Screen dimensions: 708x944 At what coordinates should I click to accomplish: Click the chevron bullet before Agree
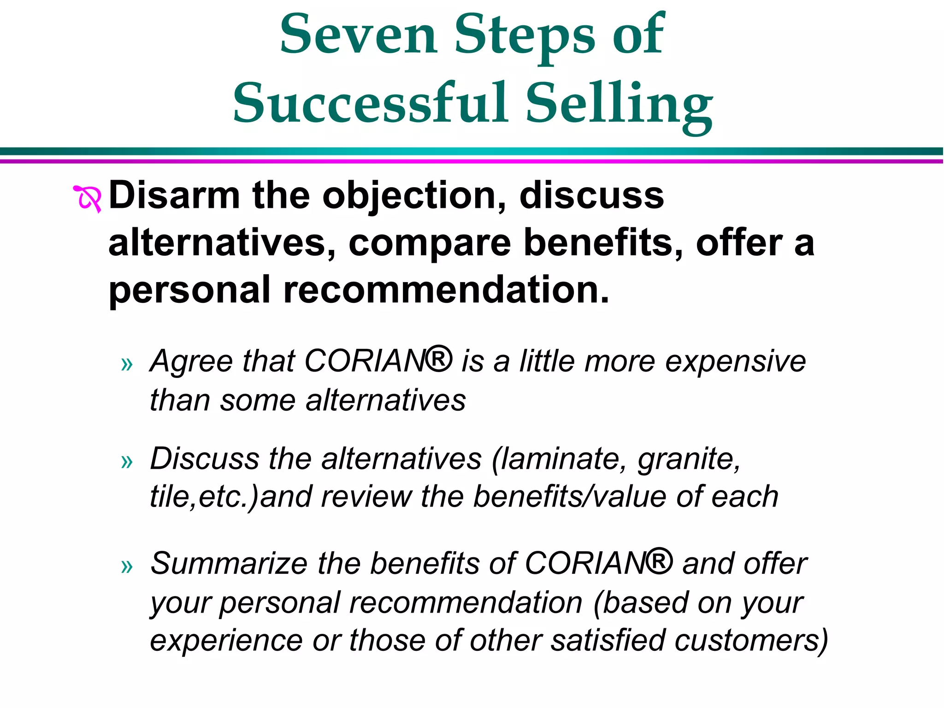coord(127,364)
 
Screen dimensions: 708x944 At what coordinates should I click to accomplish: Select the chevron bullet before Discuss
coord(127,461)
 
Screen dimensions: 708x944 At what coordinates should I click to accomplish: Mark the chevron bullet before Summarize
coord(127,566)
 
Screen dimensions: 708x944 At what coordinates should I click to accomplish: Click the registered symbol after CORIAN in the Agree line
coord(438,360)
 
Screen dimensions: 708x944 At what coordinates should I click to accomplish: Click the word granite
coord(689,460)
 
